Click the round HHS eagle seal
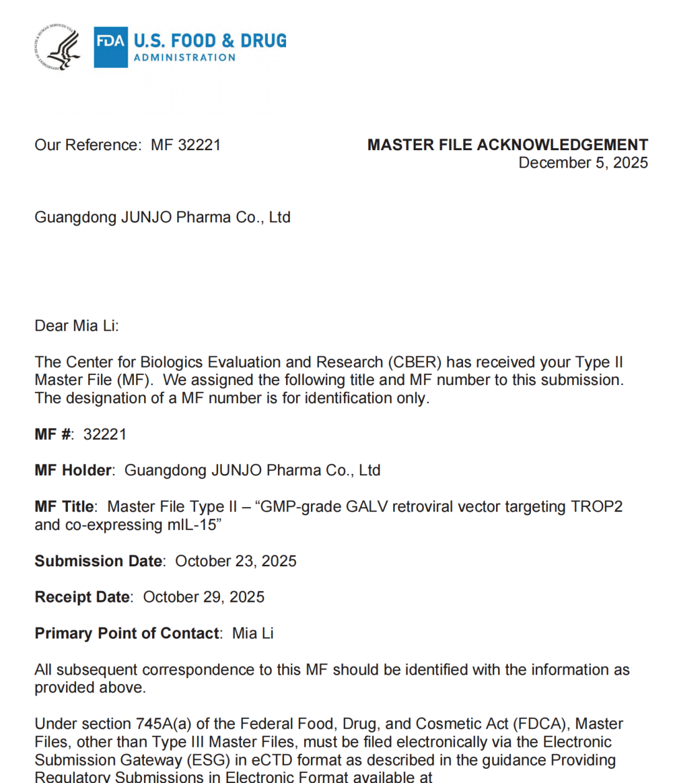pyautogui.click(x=57, y=47)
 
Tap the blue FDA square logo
pyautogui.click(x=111, y=47)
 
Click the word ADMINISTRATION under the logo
pyautogui.click(x=184, y=58)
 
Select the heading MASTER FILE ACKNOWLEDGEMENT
pyautogui.click(x=507, y=145)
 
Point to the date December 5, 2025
pyautogui.click(x=583, y=163)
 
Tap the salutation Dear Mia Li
pyautogui.click(x=76, y=326)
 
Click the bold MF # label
pyautogui.click(x=54, y=435)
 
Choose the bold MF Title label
pyautogui.click(x=65, y=507)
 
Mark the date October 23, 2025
pyautogui.click(x=236, y=561)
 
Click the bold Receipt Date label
pyautogui.click(x=82, y=597)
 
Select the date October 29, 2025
pyautogui.click(x=204, y=597)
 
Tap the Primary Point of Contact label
pyautogui.click(x=126, y=634)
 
